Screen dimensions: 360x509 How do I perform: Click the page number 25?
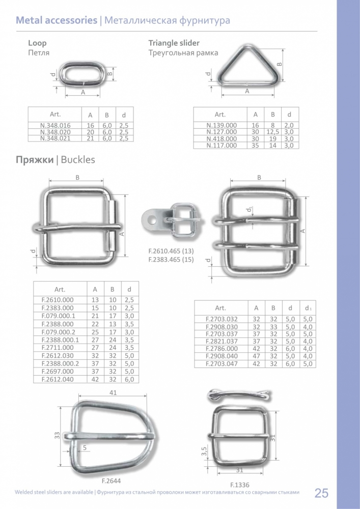[x=321, y=493]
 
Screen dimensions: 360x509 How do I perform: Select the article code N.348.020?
[x=55, y=132]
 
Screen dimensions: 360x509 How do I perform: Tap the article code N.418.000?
[x=221, y=138]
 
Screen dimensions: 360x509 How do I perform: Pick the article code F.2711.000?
[x=58, y=348]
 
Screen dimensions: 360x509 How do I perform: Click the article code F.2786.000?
[x=221, y=349]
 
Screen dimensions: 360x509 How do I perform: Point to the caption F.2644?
[x=112, y=481]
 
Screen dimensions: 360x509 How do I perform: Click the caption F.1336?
[x=240, y=485]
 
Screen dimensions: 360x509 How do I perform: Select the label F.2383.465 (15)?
[x=171, y=260]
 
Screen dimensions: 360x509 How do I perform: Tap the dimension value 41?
[x=113, y=393]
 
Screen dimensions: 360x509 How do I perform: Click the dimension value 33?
[x=57, y=435]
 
